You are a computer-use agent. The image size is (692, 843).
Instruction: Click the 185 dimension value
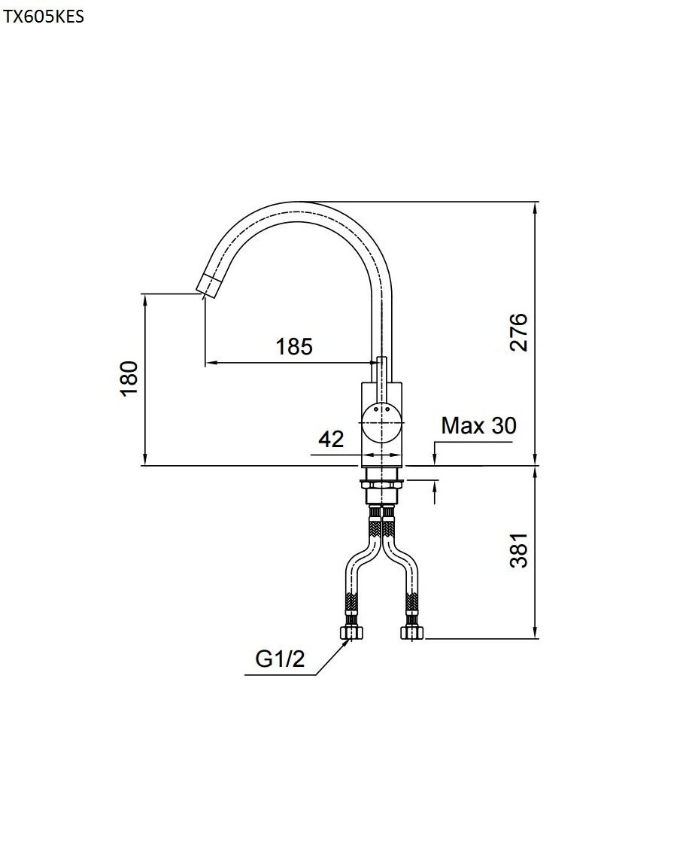pyautogui.click(x=293, y=346)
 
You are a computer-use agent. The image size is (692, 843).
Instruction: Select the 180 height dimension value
pyautogui.click(x=129, y=377)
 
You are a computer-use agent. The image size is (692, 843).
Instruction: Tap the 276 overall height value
pyautogui.click(x=520, y=332)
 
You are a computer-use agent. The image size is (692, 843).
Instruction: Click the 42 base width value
pyautogui.click(x=331, y=438)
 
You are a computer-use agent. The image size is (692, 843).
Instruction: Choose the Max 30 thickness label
pyautogui.click(x=478, y=426)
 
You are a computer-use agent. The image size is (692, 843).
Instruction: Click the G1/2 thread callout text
pyautogui.click(x=280, y=659)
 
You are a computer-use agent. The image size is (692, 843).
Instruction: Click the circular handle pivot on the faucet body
pyautogui.click(x=381, y=422)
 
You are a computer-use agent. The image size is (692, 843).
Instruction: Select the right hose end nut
pyautogui.click(x=412, y=632)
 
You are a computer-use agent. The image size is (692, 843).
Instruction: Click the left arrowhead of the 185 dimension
pyautogui.click(x=211, y=363)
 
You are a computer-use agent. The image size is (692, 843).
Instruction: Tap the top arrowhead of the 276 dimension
pyautogui.click(x=536, y=207)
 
